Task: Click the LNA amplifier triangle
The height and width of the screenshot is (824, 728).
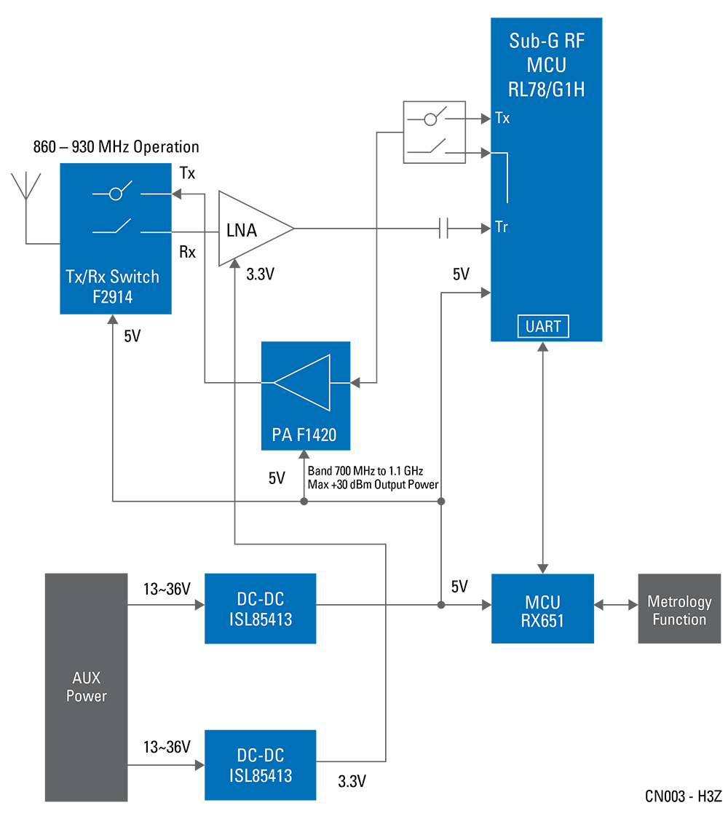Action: (251, 229)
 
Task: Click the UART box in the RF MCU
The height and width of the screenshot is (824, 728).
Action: (543, 326)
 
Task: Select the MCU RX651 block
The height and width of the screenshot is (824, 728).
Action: (542, 609)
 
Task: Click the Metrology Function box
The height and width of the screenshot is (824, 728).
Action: (678, 610)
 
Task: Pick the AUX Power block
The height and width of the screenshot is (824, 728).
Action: (87, 686)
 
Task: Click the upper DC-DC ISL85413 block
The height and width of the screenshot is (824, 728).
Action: (260, 609)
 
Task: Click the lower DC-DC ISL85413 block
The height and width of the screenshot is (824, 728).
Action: (260, 765)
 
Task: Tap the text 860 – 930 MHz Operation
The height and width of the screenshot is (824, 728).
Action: (116, 147)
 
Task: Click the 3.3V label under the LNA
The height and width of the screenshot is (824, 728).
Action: (261, 274)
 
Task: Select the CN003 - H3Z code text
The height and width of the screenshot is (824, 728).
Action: (683, 796)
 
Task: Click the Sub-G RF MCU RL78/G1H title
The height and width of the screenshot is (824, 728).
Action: (546, 66)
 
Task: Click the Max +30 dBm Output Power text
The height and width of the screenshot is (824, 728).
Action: (373, 485)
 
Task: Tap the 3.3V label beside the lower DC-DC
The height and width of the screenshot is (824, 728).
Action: (352, 782)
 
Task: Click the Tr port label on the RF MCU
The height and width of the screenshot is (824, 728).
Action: (501, 227)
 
